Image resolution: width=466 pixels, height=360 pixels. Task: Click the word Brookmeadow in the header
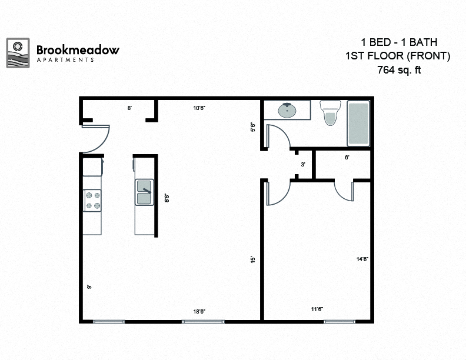pyautogui.click(x=78, y=50)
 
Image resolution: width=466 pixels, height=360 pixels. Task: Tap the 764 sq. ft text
pyautogui.click(x=399, y=70)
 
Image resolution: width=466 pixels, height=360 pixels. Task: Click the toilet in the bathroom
pyautogui.click(x=329, y=112)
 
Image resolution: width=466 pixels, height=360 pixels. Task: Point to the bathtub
pyautogui.click(x=358, y=124)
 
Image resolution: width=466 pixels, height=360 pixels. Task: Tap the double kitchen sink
pyautogui.click(x=144, y=193)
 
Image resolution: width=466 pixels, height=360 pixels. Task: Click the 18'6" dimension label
pyautogui.click(x=199, y=312)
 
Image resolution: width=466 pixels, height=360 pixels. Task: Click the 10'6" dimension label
pyautogui.click(x=199, y=108)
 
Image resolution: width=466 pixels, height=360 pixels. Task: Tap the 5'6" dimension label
pyautogui.click(x=253, y=126)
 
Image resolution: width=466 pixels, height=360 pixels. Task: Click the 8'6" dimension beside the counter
pyautogui.click(x=167, y=198)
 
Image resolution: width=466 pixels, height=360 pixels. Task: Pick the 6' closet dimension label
pyautogui.click(x=347, y=158)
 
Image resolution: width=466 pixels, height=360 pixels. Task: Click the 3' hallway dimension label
pyautogui.click(x=303, y=165)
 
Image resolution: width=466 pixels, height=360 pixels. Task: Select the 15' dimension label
pyautogui.click(x=252, y=259)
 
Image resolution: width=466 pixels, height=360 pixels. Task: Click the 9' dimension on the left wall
pyautogui.click(x=89, y=286)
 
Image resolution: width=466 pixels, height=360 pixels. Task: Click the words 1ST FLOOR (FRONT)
pyautogui.click(x=398, y=56)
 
